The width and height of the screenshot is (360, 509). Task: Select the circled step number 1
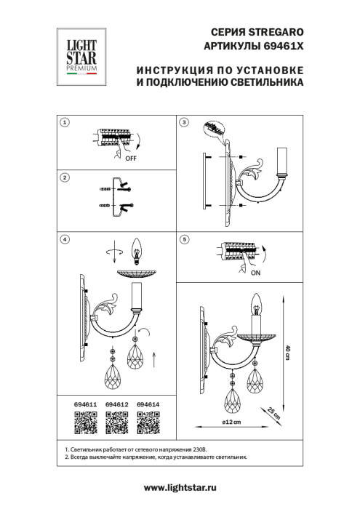click(65, 123)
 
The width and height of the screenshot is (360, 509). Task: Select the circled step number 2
click(65, 177)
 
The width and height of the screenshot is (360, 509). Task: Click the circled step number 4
click(65, 239)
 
